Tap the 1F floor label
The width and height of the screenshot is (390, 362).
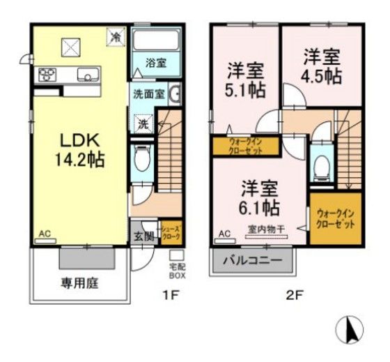click(171, 294)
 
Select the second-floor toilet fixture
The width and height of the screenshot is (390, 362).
click(321, 165)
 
